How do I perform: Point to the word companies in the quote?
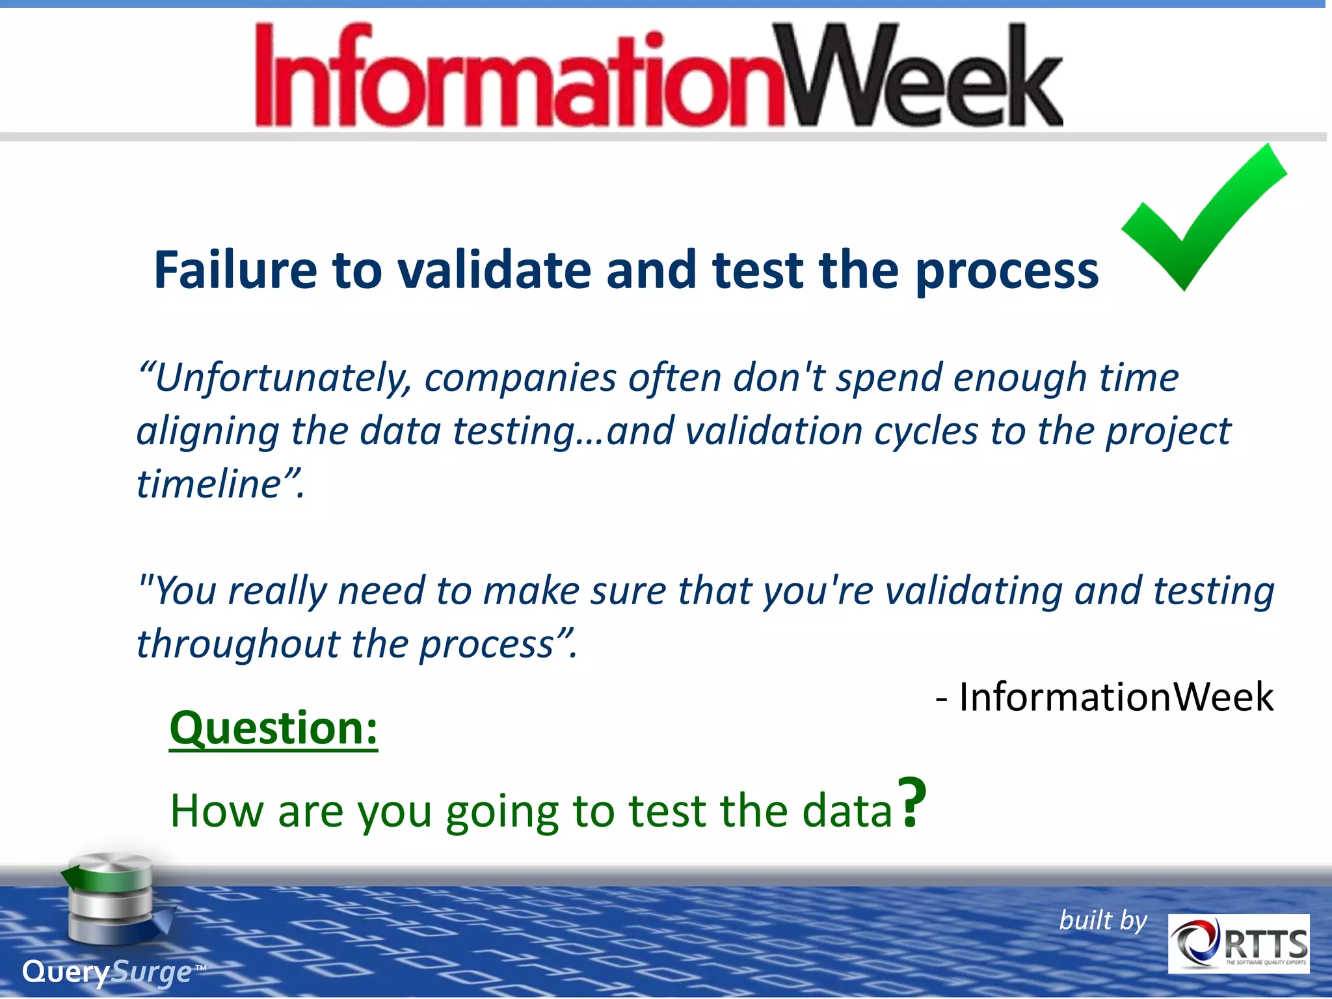pyautogui.click(x=520, y=379)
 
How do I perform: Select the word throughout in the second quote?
pyautogui.click(x=238, y=645)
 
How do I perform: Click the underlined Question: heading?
pyautogui.click(x=273, y=728)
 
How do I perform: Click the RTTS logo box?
pyautogui.click(x=1238, y=944)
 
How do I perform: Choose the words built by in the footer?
pyautogui.click(x=1102, y=920)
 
